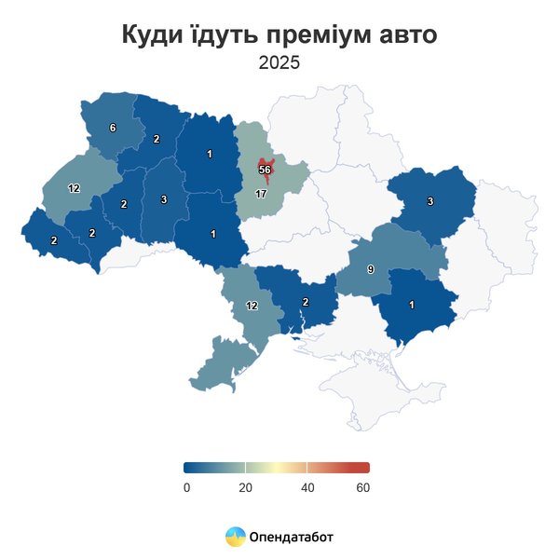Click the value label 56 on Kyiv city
click(265, 170)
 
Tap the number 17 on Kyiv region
click(261, 194)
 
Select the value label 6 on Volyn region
click(113, 128)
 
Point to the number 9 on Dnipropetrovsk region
click(370, 269)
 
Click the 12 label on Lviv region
click(74, 188)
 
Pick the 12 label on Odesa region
click(252, 306)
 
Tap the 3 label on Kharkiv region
click(430, 201)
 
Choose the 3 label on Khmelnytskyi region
click(164, 199)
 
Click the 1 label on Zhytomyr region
click(210, 154)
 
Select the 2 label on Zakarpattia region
click(54, 240)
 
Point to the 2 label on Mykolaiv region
click(306, 301)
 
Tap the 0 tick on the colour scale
click(186, 487)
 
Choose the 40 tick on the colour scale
click(307, 487)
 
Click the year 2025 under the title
click(279, 64)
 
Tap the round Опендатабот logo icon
click(235, 537)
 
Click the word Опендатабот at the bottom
click(291, 537)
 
